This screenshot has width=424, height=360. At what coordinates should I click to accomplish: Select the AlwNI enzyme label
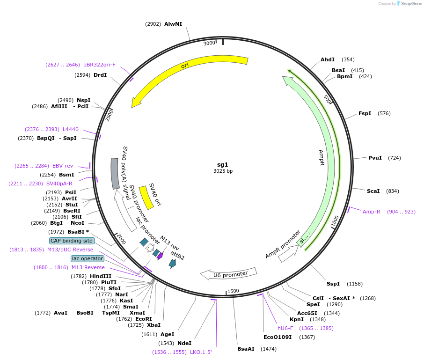[173, 24]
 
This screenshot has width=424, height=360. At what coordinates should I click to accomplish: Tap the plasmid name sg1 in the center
[223, 164]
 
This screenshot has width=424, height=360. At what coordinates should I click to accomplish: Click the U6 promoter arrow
[229, 273]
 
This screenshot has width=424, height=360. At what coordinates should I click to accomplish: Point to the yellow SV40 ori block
[146, 197]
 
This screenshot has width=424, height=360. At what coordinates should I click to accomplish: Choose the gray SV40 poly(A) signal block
[115, 173]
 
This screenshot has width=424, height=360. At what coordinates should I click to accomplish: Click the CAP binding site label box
[72, 241]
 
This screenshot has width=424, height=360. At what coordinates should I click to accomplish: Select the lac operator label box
[88, 258]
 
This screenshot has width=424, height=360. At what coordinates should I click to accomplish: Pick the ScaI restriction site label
[373, 191]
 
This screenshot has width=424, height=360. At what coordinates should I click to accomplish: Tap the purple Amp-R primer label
[371, 212]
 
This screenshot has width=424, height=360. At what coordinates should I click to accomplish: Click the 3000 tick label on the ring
[209, 43]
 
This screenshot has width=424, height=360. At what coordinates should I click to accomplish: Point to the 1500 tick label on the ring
[233, 291]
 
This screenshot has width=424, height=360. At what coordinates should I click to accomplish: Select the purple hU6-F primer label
[285, 328]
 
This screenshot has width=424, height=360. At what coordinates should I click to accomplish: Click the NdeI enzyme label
[184, 343]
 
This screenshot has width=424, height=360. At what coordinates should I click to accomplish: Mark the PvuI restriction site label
[375, 158]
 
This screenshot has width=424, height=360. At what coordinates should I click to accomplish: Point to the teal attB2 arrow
[173, 263]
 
